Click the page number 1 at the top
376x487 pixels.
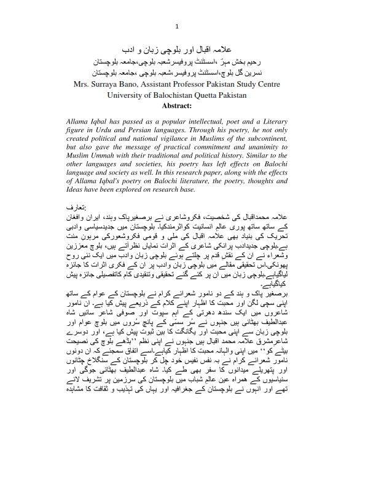[177, 26]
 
